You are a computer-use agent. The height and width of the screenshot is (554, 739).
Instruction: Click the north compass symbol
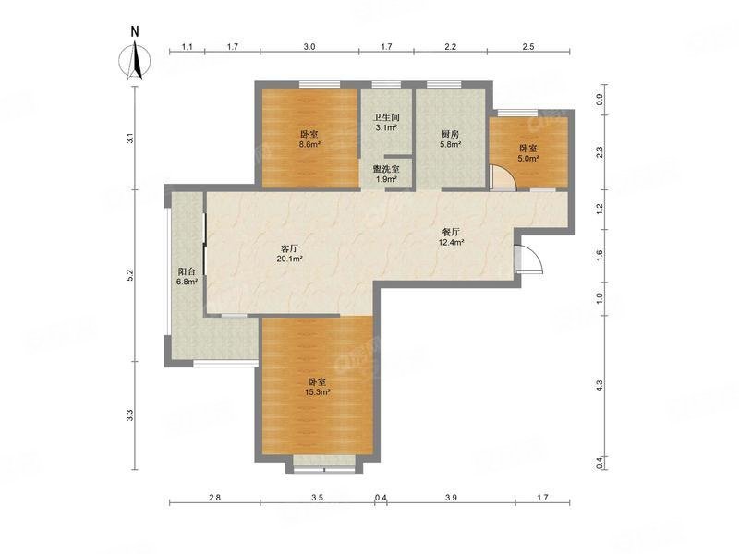click(x=135, y=61)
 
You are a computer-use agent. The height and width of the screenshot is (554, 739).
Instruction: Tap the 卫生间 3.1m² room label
click(x=386, y=122)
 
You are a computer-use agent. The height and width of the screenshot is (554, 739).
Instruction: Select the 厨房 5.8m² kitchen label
click(x=451, y=139)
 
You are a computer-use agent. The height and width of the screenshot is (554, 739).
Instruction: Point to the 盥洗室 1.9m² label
click(x=386, y=174)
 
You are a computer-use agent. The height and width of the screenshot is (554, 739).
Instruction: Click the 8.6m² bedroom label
click(x=309, y=139)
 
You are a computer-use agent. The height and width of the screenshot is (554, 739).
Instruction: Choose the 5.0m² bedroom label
click(x=528, y=153)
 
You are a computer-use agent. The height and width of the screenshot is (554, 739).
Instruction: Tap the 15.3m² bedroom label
click(x=317, y=387)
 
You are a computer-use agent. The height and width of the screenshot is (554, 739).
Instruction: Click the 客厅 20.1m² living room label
click(x=289, y=253)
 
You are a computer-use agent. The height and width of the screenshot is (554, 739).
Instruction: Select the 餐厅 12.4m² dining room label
click(x=451, y=237)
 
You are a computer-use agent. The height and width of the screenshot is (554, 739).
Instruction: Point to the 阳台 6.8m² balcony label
click(x=187, y=276)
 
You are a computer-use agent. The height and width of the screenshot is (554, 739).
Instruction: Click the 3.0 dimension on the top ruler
click(x=309, y=47)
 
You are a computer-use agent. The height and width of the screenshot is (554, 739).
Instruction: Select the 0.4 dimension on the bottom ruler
click(x=381, y=497)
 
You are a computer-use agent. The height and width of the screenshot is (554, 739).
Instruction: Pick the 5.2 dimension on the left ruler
click(x=130, y=275)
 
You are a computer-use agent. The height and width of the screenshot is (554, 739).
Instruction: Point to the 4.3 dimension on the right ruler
click(x=599, y=386)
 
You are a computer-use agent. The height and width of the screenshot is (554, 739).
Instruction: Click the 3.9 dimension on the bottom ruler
click(x=451, y=497)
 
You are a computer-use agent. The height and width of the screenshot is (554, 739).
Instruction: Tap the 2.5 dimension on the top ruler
click(x=528, y=47)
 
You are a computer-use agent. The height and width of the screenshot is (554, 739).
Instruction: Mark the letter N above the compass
click(x=135, y=31)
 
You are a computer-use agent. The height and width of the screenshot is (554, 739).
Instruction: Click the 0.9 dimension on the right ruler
click(x=599, y=100)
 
